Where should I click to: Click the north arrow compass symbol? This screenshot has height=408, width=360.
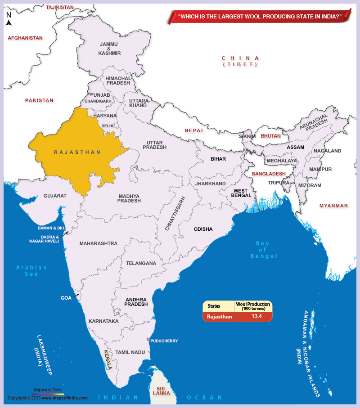pyautogui.click(x=9, y=20)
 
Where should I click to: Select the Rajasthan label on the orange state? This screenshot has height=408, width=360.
pyautogui.click(x=77, y=152)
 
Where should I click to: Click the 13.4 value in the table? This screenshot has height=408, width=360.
pyautogui.click(x=256, y=316)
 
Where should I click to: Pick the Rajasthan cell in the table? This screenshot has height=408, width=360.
pyautogui.click(x=220, y=317)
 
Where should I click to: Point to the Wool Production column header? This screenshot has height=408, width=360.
pyautogui.click(x=253, y=306)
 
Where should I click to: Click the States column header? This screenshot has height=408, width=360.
pyautogui.click(x=214, y=306)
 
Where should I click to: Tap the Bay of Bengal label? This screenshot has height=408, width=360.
pyautogui.click(x=264, y=250)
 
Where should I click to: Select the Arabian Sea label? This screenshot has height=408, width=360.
pyautogui.click(x=31, y=270)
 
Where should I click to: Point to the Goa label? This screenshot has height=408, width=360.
pyautogui.click(x=66, y=298)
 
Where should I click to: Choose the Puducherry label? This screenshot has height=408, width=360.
pyautogui.click(x=164, y=341)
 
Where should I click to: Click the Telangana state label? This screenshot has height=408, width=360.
pyautogui.click(x=141, y=263)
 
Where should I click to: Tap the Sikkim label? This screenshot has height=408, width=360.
pyautogui.click(x=247, y=136)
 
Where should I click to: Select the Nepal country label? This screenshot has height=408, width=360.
pyautogui.click(x=194, y=130)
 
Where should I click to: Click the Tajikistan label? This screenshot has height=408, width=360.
pyautogui.click(x=60, y=7)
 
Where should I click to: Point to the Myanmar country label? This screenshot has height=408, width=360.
pyautogui.click(x=333, y=206)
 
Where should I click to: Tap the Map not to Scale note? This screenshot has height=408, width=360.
pyautogui.click(x=48, y=390)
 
